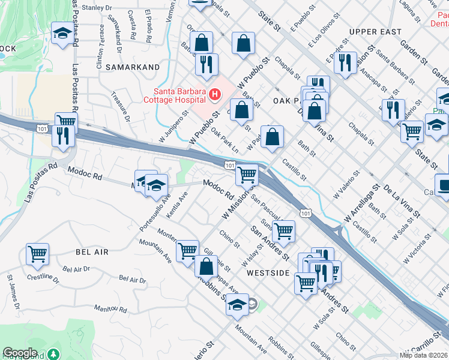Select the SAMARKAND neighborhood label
127,68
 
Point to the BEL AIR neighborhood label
92,252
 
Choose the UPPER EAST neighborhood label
375,31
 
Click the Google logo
20,353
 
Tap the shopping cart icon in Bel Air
38,254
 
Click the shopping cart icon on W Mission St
247,175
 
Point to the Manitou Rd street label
110,310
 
